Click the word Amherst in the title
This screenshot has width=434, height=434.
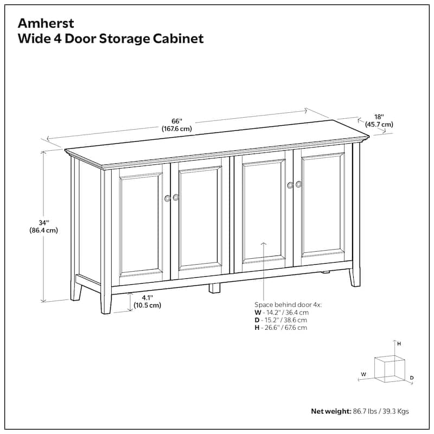[x=46, y=23]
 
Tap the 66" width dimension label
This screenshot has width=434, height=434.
[x=177, y=121]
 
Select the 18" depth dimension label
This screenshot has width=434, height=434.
[x=379, y=117]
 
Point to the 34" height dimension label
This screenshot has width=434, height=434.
[x=44, y=222]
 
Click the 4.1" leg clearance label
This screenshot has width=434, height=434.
[x=147, y=298]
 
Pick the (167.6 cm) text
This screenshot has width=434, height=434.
[x=177, y=129]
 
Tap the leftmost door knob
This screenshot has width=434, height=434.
[x=167, y=198]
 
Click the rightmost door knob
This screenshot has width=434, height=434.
[x=298, y=184]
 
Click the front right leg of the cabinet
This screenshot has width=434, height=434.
[x=355, y=277]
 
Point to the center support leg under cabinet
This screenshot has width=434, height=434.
[x=214, y=288]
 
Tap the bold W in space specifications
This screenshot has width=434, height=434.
[x=258, y=312]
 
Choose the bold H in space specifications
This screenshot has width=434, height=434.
[x=257, y=328]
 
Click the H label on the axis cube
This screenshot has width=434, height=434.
[x=399, y=344]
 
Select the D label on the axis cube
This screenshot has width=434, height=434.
[x=412, y=378]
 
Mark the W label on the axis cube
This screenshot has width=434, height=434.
[x=363, y=374]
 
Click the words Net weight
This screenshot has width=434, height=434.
[x=331, y=411]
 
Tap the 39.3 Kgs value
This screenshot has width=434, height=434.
[x=396, y=411]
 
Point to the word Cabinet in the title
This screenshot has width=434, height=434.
[x=178, y=39]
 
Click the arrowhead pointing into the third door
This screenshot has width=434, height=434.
[x=264, y=244]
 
